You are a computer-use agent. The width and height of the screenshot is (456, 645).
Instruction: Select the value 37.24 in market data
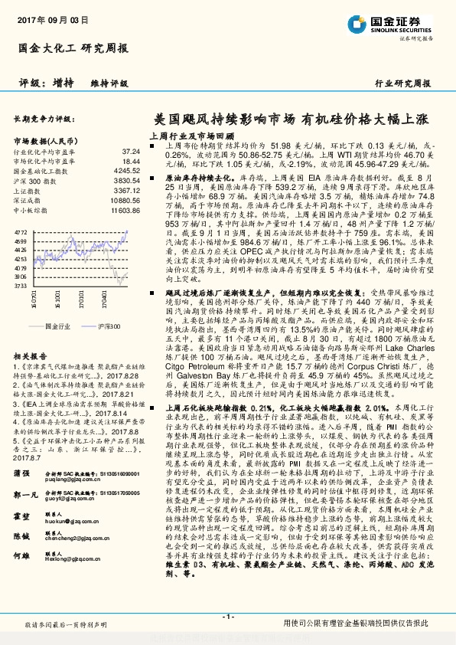[132, 152]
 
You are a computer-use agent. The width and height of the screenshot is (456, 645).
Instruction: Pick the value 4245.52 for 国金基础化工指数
[127, 172]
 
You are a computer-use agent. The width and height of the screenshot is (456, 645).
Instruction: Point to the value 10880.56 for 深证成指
[125, 199]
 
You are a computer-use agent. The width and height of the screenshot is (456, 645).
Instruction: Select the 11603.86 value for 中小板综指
[125, 208]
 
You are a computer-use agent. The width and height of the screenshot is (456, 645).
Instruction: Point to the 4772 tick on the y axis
[21, 231]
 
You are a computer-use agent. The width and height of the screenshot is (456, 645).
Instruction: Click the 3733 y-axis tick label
[21, 285]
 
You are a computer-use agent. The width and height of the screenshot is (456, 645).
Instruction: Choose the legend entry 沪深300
[107, 326]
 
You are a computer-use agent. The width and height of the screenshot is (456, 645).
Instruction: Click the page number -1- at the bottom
[227, 617]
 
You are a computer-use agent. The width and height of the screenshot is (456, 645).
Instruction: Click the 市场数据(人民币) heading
[47, 141]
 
